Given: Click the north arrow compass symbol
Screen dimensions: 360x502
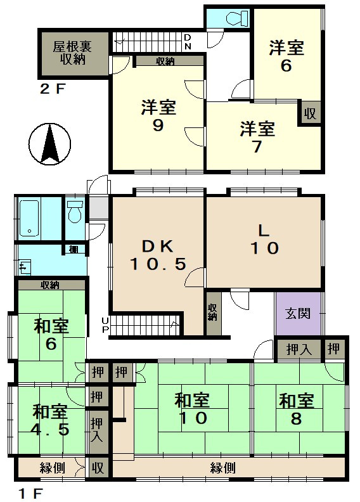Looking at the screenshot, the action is [49, 144].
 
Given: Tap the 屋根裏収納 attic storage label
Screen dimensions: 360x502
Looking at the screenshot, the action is [73, 53].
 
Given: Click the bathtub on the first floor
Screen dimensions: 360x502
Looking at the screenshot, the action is [29, 217].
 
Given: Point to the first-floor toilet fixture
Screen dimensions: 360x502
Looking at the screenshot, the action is [75, 211].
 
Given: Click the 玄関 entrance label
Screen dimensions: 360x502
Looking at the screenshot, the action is [298, 312].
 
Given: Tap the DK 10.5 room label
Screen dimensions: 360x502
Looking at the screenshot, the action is [158, 255].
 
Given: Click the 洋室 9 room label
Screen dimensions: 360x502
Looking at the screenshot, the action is [158, 116].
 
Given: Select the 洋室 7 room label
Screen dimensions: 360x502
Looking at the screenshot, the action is [257, 138].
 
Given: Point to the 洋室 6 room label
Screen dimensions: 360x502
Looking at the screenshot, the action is [286, 56].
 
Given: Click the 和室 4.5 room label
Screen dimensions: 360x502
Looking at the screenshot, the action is [50, 420].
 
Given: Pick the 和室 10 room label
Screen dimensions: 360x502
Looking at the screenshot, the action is [192, 409].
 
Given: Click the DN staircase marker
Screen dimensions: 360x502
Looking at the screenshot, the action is [188, 42].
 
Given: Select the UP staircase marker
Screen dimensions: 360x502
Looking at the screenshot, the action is [105, 325].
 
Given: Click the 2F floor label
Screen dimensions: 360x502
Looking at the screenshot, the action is [52, 89].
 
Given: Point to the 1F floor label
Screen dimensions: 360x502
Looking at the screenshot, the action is [30, 494].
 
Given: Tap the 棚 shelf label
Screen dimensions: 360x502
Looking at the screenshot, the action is [74, 249].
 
